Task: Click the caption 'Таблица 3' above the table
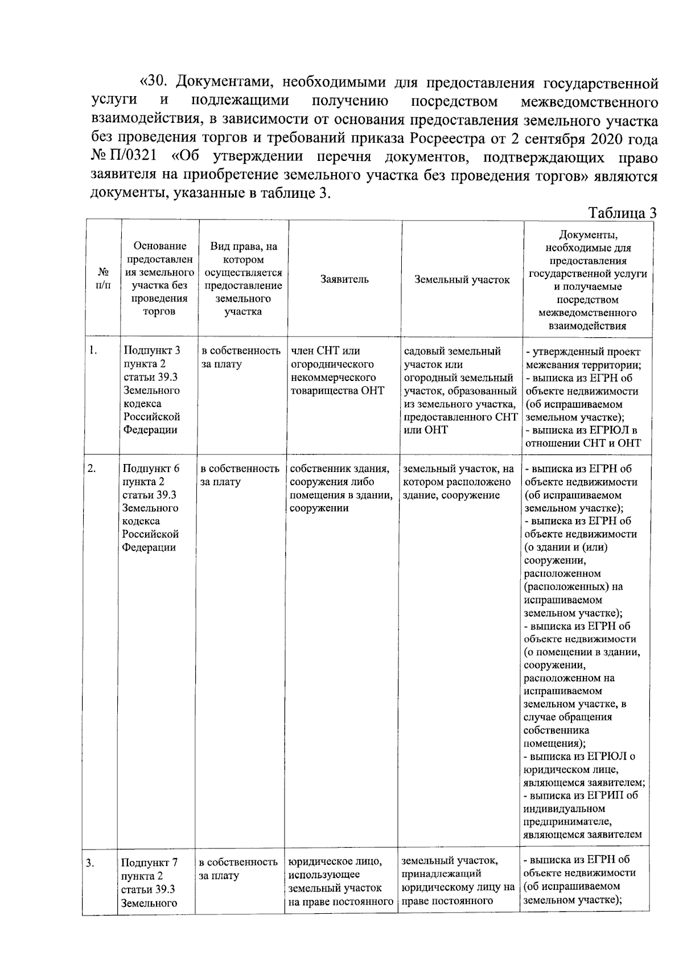pyautogui.click(x=622, y=213)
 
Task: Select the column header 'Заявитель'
pyautogui.click(x=344, y=279)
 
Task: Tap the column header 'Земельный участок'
pyautogui.click(x=462, y=279)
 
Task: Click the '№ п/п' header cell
pyautogui.click(x=103, y=279)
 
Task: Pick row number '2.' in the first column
pyautogui.click(x=92, y=469)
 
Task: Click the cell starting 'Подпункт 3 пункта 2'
pyautogui.click(x=151, y=390)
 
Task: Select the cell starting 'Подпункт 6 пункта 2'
pyautogui.click(x=151, y=508)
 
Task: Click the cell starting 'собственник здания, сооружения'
pyautogui.click(x=340, y=488)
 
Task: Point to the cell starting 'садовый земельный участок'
pyautogui.click(x=460, y=390)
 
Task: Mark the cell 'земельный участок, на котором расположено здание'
pyautogui.click(x=458, y=482)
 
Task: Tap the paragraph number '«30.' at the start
pyautogui.click(x=155, y=83)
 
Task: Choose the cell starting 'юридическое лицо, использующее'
pyautogui.click(x=340, y=881)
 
